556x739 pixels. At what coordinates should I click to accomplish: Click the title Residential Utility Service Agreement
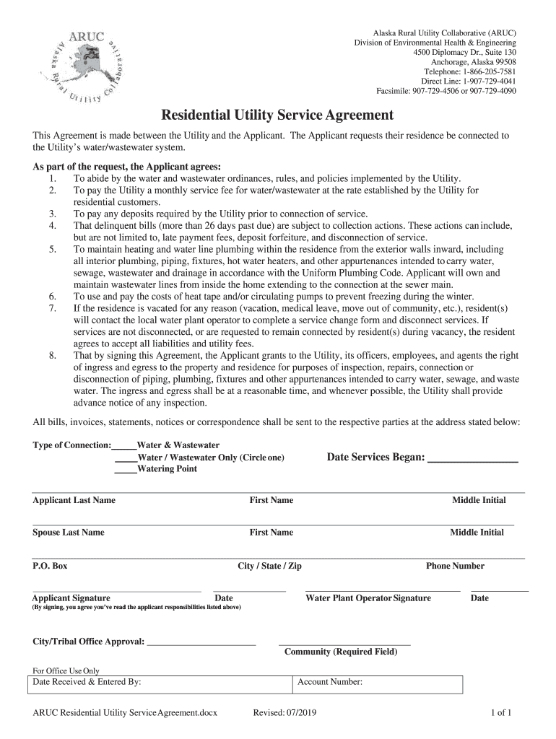[x=277, y=115]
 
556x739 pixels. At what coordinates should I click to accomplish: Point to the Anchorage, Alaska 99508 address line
[x=474, y=63]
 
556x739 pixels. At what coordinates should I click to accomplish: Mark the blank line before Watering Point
[x=126, y=470]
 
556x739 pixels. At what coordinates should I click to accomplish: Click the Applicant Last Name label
[x=74, y=500]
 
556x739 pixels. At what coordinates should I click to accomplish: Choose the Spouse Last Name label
[x=69, y=533]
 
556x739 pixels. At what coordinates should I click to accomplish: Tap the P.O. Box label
[x=50, y=567]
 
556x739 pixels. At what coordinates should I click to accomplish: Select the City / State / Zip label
[x=269, y=567]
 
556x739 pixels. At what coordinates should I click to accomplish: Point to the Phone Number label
[x=455, y=566]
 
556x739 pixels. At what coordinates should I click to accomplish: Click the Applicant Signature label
[x=71, y=598]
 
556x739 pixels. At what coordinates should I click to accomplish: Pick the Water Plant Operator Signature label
[x=368, y=598]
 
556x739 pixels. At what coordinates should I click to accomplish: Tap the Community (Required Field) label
[x=341, y=652]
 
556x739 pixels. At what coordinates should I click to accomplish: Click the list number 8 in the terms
[x=52, y=356]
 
